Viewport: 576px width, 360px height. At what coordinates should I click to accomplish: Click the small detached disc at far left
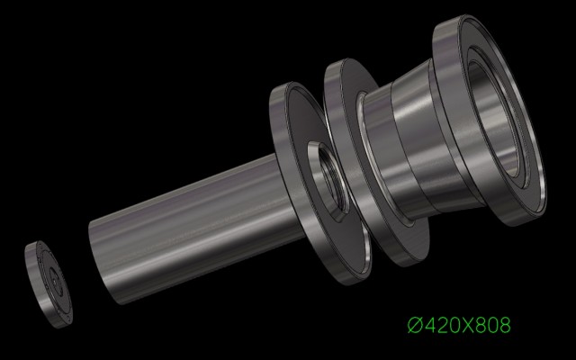click(x=49, y=284)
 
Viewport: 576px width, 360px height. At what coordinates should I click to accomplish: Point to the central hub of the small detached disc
click(x=54, y=282)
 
